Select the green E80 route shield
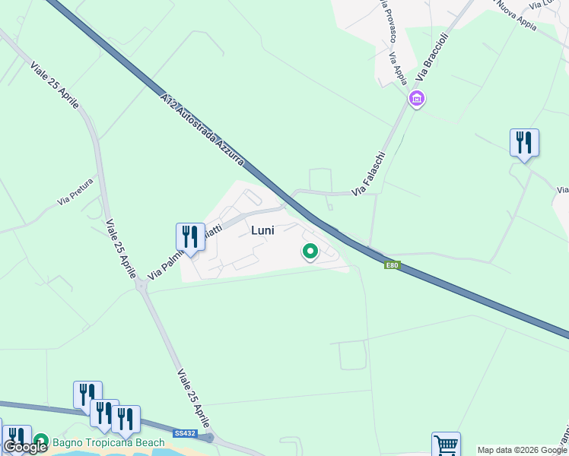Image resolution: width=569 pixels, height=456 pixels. tap(393, 265)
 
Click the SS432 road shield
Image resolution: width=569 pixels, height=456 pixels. tap(184, 433)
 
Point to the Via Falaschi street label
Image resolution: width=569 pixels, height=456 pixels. tap(368, 174)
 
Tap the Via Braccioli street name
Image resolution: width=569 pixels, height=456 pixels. tap(433, 60)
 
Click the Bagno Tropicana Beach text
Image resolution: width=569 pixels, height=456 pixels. tap(109, 442)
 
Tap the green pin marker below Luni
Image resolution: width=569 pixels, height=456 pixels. tap(310, 250)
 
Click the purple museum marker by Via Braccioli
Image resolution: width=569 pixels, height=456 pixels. tap(416, 98)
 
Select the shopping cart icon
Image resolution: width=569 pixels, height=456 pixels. tap(446, 445)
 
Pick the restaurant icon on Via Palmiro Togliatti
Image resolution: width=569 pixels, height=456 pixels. tap(190, 237)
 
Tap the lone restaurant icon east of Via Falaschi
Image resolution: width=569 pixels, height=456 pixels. tap(524, 142)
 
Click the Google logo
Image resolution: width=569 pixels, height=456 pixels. tap(25, 447)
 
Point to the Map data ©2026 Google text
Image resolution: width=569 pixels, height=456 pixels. tap(522, 450)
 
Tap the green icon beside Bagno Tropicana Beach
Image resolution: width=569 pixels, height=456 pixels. tap(40, 441)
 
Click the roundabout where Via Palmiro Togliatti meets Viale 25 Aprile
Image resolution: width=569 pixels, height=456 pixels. tap(141, 286)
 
